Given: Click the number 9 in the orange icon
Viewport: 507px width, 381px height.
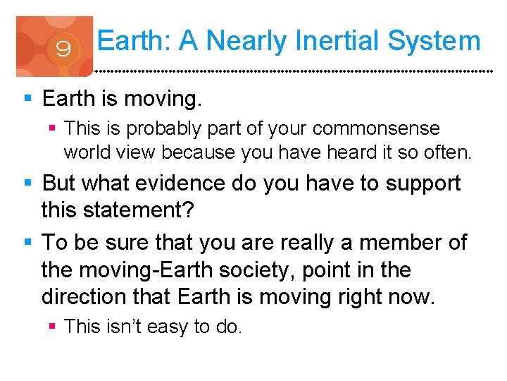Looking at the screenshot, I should pos(63,49).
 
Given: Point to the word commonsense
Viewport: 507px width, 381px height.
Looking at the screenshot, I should pos(375,129).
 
